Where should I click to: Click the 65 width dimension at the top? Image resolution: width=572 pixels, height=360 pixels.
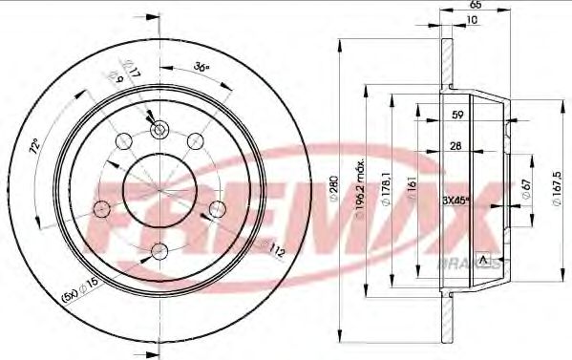tap(474, 6)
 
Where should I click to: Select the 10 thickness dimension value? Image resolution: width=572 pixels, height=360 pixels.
tap(472, 20)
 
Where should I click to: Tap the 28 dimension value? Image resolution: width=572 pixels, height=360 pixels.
tap(457, 147)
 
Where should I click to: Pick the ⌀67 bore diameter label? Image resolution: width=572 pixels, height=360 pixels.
tap(526, 195)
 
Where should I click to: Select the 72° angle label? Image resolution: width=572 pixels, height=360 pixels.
tap(35, 148)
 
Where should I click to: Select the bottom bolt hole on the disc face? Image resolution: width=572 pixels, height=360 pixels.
tap(158, 252)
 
